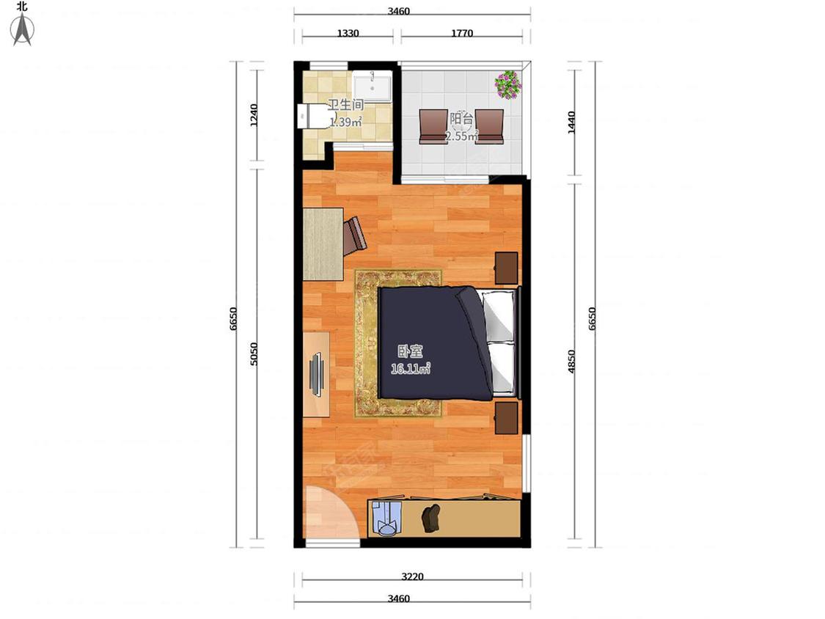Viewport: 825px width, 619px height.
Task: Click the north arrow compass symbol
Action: click(23, 30)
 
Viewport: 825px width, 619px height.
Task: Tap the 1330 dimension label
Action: click(348, 33)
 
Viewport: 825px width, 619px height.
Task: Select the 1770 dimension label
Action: click(462, 33)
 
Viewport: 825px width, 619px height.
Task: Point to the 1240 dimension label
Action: click(254, 115)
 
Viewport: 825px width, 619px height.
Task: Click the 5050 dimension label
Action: click(254, 354)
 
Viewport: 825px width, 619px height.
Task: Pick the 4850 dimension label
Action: click(572, 362)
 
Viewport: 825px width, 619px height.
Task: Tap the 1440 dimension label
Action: click(572, 122)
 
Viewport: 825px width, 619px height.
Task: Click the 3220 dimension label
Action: click(412, 576)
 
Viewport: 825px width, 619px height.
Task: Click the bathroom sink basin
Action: click(372, 87)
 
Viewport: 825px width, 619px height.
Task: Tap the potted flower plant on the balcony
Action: click(507, 84)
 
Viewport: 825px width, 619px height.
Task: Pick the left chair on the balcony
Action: click(433, 126)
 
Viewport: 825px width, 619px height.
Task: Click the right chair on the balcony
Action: click(489, 126)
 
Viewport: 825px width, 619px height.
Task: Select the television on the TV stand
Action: click(316, 374)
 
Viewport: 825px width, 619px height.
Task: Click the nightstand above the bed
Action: click(506, 268)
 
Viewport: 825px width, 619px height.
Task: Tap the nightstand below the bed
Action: click(506, 419)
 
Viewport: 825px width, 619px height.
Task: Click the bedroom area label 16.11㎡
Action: click(411, 368)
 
